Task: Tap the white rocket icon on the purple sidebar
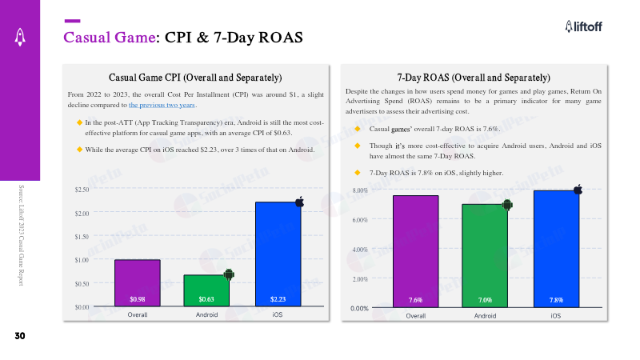tap(18, 34)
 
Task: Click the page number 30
tap(18, 336)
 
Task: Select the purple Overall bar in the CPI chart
tap(138, 282)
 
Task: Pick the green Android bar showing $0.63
tap(206, 290)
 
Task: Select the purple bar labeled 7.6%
tap(415, 250)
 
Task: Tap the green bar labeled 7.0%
tap(485, 254)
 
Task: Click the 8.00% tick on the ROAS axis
tap(358, 190)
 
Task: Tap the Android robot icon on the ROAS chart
tap(506, 205)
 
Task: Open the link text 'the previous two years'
tap(162, 105)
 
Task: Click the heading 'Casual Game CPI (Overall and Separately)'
tap(195, 78)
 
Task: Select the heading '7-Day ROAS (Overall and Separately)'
tap(474, 78)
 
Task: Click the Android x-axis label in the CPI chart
tap(207, 315)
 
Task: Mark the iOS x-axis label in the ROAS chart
tap(555, 316)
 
